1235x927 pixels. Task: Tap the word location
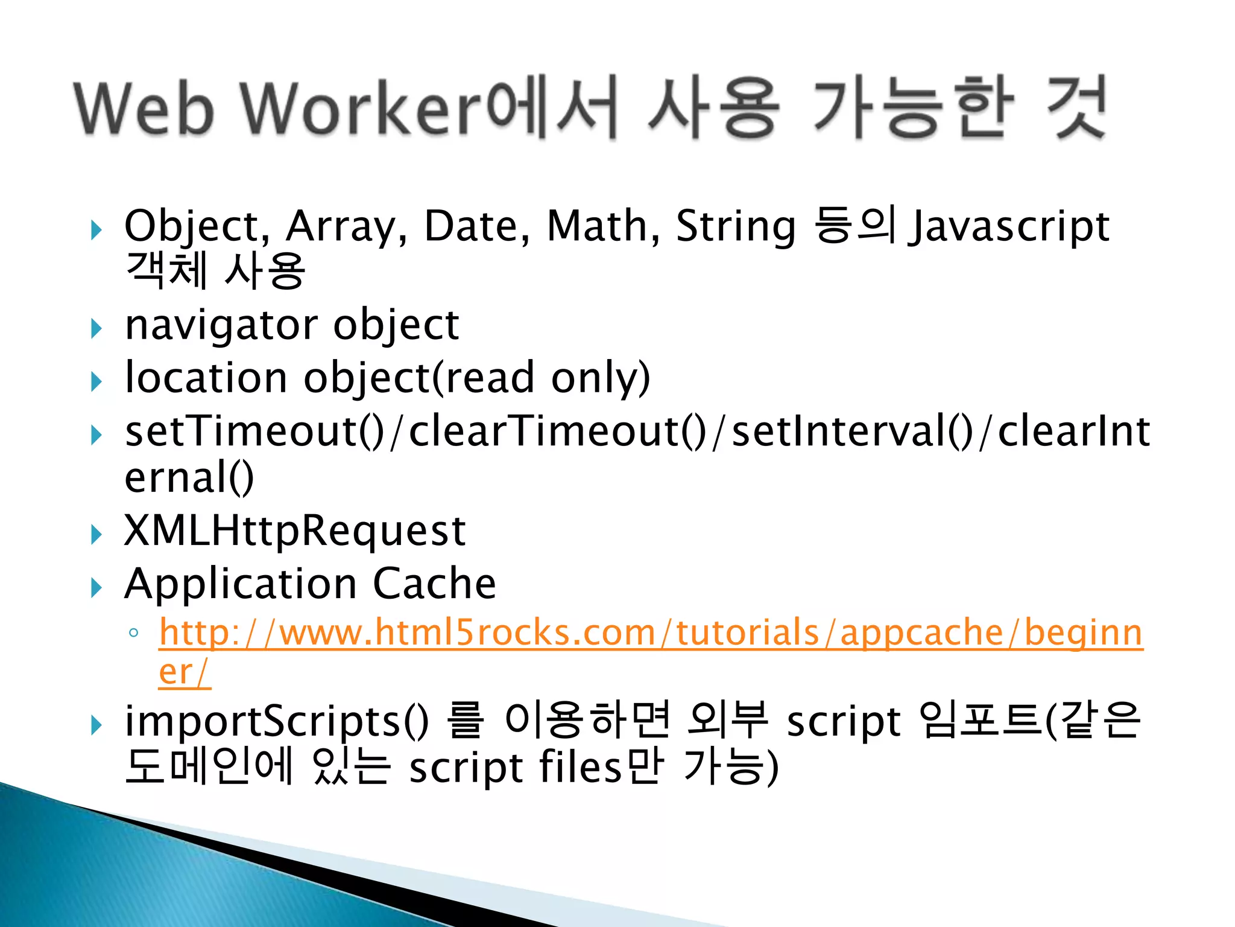pos(206,378)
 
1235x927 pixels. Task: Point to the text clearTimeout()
pos(558,432)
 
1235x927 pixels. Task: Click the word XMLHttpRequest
pos(295,532)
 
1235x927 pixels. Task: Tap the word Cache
pos(434,584)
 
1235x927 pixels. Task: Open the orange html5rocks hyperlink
pos(651,633)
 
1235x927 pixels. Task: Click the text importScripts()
pos(277,722)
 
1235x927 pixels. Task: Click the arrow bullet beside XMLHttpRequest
pos(96,534)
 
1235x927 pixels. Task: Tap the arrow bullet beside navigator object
pos(96,329)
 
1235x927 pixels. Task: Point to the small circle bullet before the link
pos(134,634)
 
